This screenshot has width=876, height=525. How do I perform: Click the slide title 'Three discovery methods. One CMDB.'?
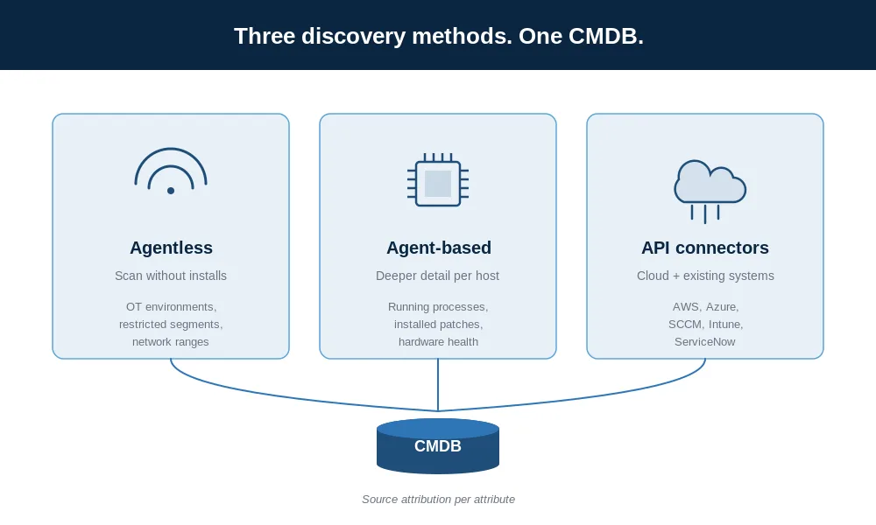[439, 36]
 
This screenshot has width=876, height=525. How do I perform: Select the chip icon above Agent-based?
[438, 180]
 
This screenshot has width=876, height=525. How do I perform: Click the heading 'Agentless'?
[171, 248]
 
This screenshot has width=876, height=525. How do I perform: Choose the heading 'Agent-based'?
[439, 248]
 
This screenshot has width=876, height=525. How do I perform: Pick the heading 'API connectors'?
[705, 248]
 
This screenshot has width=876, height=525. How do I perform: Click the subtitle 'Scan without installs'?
[171, 276]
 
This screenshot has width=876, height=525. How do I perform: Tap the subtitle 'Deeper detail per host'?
[437, 276]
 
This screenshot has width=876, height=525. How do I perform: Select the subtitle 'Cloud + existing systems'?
[705, 276]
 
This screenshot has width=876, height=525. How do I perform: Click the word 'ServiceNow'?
[704, 341]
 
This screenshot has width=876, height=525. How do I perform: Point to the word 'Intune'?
[724, 324]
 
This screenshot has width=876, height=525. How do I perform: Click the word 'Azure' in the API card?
[721, 307]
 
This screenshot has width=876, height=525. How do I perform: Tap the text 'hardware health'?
[438, 341]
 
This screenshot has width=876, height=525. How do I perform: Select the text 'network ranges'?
[171, 341]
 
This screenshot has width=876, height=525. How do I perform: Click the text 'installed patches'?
[437, 324]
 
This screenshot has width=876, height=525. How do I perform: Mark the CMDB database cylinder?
[438, 446]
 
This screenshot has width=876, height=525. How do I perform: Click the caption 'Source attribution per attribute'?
[438, 500]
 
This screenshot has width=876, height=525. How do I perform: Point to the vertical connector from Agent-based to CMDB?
[438, 385]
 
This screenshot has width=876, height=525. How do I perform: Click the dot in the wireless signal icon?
[171, 191]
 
